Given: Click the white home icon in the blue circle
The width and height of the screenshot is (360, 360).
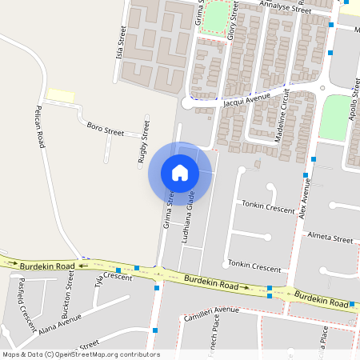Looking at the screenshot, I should (180, 173).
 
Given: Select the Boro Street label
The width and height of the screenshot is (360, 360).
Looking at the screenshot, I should (105, 128).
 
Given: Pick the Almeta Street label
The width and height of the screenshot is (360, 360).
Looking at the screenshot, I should (330, 239).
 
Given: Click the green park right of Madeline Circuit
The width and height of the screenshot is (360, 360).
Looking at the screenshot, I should (335, 118).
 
